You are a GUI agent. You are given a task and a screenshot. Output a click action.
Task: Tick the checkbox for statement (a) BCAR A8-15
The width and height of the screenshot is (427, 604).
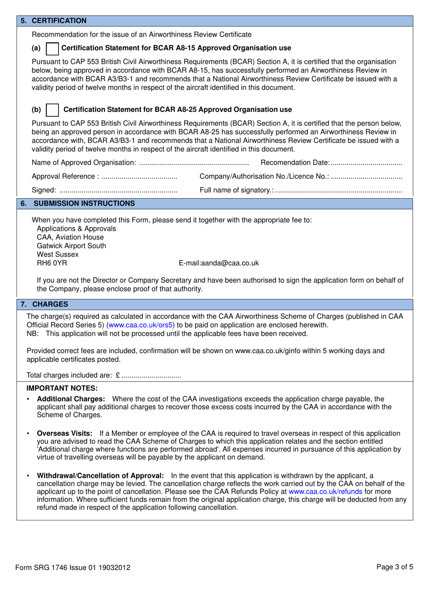tap(53, 49)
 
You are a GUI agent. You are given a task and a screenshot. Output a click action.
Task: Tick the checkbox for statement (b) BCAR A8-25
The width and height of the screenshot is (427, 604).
tap(53, 110)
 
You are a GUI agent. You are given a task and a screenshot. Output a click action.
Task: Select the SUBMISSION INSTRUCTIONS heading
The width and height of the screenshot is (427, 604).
tap(84, 204)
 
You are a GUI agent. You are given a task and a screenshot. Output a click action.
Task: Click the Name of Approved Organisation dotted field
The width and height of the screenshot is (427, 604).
tap(194, 163)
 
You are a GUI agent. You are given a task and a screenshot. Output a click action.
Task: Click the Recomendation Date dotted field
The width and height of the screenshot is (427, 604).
tap(366, 163)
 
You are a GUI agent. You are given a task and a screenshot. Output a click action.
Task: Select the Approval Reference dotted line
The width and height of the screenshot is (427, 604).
tap(139, 177)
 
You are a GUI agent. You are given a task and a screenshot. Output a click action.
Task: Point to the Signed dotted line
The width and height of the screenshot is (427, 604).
tap(118, 191)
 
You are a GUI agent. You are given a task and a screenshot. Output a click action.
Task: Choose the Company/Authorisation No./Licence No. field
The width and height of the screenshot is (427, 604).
tap(366, 177)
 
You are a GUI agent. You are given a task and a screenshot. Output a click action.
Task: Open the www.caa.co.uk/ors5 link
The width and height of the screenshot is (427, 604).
tap(141, 325)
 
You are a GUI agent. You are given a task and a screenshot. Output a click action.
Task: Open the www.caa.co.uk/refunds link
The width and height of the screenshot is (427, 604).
tap(325, 492)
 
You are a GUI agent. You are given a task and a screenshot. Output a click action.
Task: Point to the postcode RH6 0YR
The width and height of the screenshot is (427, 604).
tap(52, 263)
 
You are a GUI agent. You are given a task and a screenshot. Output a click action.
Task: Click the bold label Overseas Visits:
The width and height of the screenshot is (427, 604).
tap(64, 434)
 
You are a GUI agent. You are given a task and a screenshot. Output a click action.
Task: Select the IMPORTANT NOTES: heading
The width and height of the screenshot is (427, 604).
tap(62, 388)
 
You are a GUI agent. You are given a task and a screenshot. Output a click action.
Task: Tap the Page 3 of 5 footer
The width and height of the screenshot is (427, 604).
tap(394, 567)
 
